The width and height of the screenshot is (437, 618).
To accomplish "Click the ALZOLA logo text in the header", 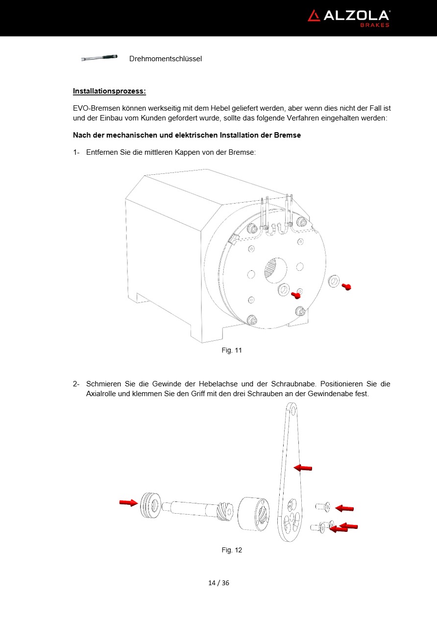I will pos(356,16).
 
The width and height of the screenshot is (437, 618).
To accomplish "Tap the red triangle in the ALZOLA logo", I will pos(314,16).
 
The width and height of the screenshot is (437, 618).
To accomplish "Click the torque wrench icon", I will pos(99,58).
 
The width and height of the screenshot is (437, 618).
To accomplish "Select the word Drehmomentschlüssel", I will pos(166,59).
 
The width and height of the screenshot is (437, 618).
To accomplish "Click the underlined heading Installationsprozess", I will pos(109,91).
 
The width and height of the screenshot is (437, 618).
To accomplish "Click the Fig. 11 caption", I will pos(232,350).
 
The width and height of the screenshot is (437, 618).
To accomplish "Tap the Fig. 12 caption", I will pos(232,550).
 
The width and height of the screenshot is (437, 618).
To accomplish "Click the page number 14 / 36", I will pos(218,583).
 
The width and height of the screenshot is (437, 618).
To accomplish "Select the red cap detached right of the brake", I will pos(347,287).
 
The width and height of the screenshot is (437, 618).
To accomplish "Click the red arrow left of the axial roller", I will pos(128,502).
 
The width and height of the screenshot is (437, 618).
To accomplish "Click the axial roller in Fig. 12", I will pos(150,505).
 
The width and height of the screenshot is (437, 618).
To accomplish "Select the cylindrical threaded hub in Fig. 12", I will pos(254,514).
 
